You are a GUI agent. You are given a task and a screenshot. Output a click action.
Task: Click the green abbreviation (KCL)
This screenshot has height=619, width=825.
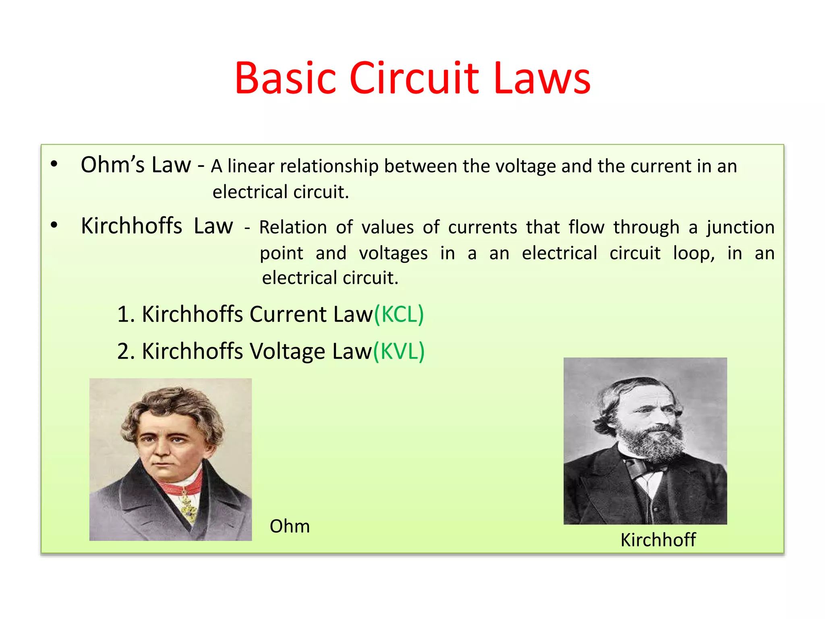[x=399, y=314]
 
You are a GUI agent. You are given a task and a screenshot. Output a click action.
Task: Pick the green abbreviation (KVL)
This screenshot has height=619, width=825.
[x=399, y=351]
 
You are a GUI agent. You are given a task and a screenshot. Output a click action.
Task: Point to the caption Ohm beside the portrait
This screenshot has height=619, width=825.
[x=290, y=526]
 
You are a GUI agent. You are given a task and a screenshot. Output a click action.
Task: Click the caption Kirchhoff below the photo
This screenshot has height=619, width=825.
[x=658, y=540]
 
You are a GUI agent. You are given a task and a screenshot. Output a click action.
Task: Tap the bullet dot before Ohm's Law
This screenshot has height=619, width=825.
[x=54, y=164]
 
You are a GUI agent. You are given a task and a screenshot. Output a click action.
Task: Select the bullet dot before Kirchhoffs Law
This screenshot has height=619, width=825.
[x=54, y=225]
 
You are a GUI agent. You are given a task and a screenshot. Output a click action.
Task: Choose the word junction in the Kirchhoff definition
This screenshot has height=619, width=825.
[x=740, y=228]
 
